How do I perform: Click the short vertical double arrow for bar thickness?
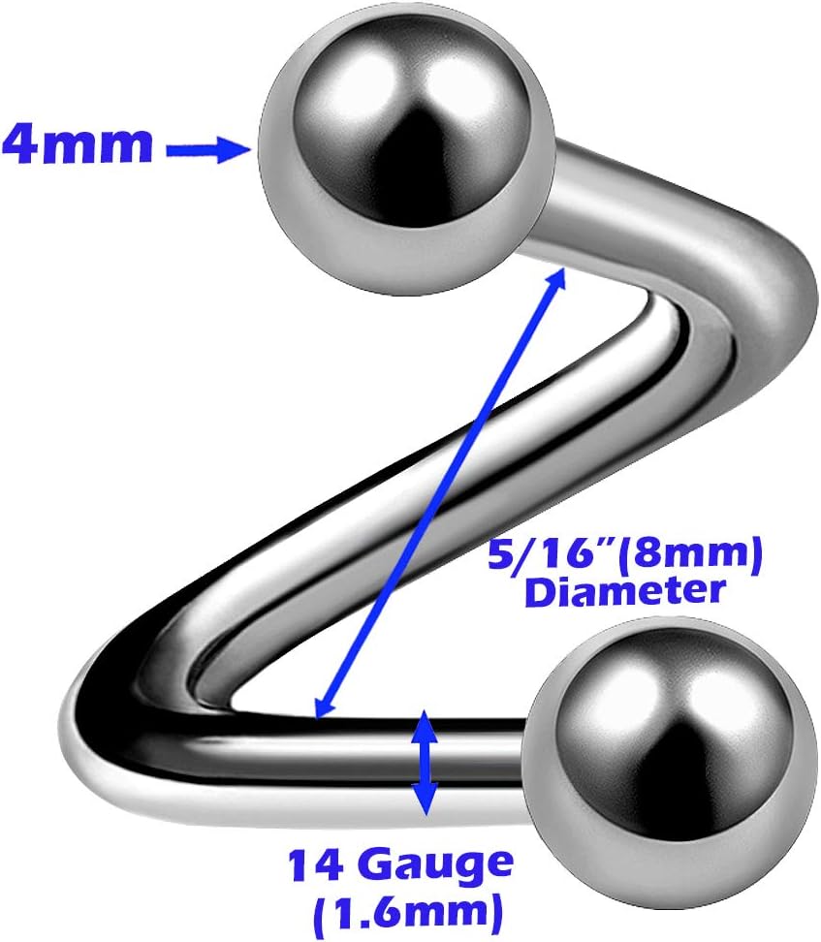[424, 762]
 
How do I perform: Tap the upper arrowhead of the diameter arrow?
[557, 276]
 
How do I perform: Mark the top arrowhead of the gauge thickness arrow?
[424, 722]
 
